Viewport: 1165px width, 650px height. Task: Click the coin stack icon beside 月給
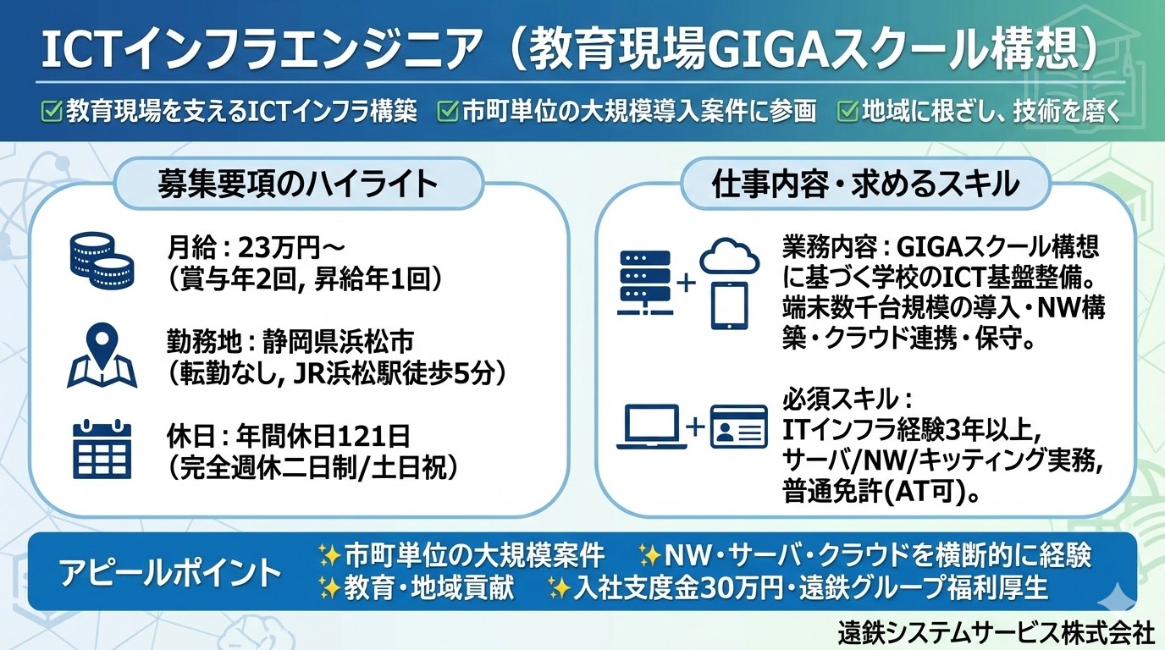tap(102, 260)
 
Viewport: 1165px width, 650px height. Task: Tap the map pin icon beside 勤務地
tap(102, 355)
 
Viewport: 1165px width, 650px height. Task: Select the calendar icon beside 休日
tap(102, 449)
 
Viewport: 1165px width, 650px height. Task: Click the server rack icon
tap(645, 283)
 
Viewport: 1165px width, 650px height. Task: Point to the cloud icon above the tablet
tap(729, 256)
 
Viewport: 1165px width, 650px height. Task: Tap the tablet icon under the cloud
tap(729, 306)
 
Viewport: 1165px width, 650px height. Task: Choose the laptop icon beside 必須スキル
tap(651, 427)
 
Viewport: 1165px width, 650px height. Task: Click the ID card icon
tap(739, 427)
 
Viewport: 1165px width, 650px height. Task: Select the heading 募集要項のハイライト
tap(297, 184)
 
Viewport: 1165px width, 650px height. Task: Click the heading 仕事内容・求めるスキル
tap(865, 184)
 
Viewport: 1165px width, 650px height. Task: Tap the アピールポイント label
tap(170, 572)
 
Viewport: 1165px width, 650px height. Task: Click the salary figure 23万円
tap(278, 249)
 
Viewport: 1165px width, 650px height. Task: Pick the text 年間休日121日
tap(323, 436)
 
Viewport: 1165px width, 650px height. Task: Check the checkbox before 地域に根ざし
tap(848, 111)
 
